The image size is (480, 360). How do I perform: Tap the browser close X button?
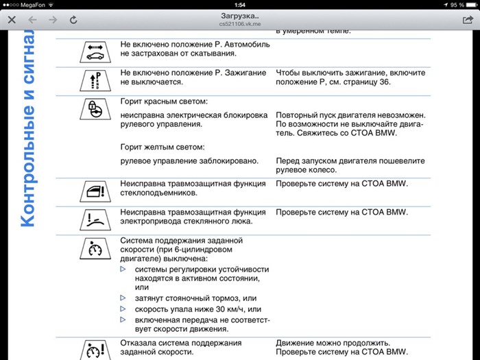pos(12,21)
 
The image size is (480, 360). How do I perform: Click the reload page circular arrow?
pos(73,21)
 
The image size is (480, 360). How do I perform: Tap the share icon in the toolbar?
pos(468,20)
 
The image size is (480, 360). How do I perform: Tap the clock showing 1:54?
pos(239,5)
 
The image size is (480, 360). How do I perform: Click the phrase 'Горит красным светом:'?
pos(163,101)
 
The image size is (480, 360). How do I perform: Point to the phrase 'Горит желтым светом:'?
pos(163,147)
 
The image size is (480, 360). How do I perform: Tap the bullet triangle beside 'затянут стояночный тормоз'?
pos(123,298)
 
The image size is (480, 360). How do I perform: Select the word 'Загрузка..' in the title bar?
pos(239,15)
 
